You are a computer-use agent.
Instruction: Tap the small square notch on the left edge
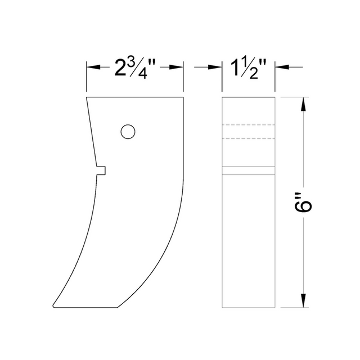(102, 170)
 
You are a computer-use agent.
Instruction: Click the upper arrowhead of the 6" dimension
(304, 105)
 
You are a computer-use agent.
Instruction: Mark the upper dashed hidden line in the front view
(248, 124)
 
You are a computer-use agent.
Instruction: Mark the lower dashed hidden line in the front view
(248, 138)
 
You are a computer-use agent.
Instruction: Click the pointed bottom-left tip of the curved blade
(53, 304)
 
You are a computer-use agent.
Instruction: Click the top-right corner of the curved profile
(184, 97)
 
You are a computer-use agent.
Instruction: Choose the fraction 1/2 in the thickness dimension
(254, 70)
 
